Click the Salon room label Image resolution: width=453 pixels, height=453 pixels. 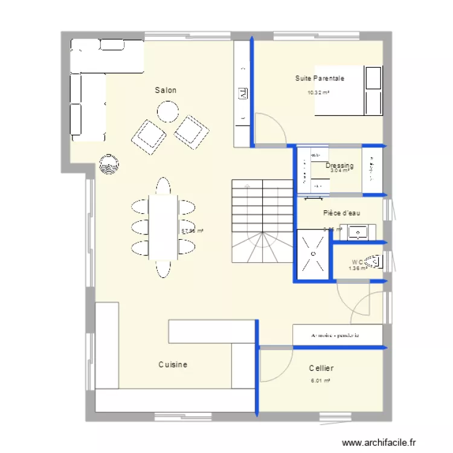pos(165,90)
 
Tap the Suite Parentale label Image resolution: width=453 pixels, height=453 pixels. pos(320,79)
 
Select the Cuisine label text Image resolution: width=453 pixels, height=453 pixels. pos(173,365)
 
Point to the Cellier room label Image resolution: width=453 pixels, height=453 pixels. pos(321,368)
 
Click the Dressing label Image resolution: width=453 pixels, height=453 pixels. pos(339,165)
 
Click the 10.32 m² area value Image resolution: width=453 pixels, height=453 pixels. pos(318,93)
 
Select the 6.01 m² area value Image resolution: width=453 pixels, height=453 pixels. pos(320,381)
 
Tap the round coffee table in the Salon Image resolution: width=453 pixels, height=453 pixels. pos(168,111)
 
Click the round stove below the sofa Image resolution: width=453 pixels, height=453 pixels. pos(109,164)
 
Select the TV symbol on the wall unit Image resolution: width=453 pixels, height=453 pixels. pos(243,93)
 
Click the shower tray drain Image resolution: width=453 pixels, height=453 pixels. pos(313,254)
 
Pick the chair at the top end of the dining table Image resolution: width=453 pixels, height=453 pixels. pos(163,185)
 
